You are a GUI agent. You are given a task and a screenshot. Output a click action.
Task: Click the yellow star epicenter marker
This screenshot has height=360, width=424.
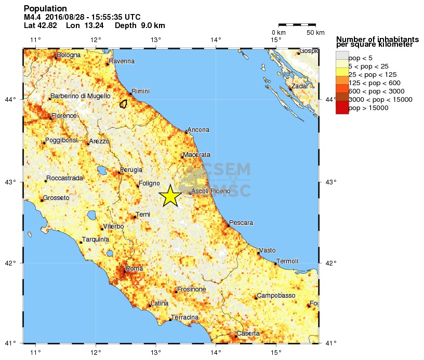tap(170, 196)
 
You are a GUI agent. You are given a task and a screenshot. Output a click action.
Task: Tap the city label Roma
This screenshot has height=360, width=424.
tap(134, 269)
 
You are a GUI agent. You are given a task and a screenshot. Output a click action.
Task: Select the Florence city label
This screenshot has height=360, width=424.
tap(64, 116)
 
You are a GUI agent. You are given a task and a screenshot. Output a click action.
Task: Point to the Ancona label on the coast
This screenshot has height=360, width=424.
tap(199, 130)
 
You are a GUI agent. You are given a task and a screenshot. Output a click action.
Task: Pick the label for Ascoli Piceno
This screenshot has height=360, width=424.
tap(211, 192)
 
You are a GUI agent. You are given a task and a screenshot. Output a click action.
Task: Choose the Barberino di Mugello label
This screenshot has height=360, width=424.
tap(81, 96)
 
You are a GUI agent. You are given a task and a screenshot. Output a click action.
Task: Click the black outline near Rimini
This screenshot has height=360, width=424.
tap(124, 103)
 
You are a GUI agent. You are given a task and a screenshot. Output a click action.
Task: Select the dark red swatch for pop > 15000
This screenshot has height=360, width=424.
tap(342, 108)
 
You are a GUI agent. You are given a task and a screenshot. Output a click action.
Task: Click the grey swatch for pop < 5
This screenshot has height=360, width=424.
tap(342, 57)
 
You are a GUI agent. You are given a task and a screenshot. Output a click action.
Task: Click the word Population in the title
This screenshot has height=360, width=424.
tap(45, 9)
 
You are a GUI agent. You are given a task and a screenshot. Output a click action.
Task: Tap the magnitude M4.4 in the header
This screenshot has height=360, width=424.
tap(32, 17)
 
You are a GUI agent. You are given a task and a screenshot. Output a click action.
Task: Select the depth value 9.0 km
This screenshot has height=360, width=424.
tap(140, 25)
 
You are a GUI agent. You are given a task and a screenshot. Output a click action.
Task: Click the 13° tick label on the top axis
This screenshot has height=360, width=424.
tap(156, 40)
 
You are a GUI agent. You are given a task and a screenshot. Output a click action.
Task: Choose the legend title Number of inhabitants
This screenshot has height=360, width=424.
tap(377, 39)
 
